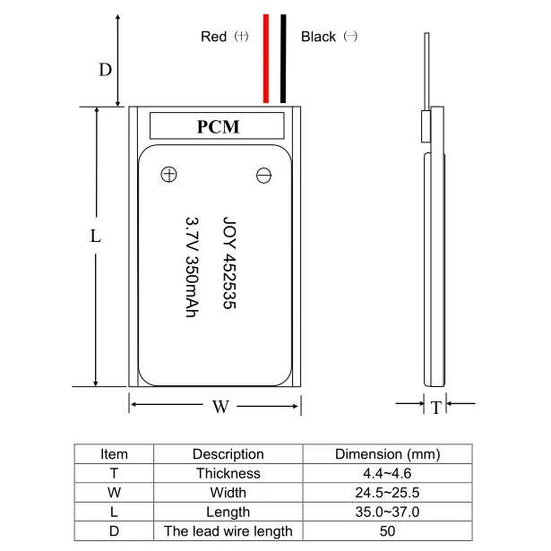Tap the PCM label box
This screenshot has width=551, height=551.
(x=218, y=126)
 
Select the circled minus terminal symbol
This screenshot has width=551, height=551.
(x=264, y=176)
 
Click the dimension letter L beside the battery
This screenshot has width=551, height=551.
(x=96, y=237)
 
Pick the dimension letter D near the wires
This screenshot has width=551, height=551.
(x=105, y=69)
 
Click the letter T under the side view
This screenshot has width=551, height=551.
(x=435, y=409)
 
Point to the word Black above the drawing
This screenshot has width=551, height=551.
(x=318, y=37)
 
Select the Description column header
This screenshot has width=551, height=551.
(x=228, y=454)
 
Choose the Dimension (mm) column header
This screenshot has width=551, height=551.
(x=388, y=454)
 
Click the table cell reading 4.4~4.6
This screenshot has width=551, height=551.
(x=388, y=473)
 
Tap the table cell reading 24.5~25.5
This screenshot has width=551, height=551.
(x=388, y=493)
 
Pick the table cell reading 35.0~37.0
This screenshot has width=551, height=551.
(x=388, y=512)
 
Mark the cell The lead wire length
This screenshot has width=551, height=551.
(x=228, y=531)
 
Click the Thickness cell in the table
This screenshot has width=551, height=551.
(x=228, y=473)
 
